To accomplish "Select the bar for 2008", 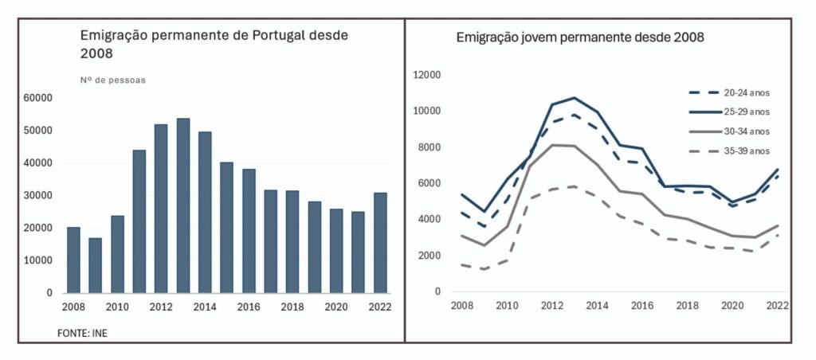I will [73, 260].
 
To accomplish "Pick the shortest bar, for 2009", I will [96, 264].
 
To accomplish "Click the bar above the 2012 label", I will [161, 208].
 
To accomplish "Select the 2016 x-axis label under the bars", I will [249, 307].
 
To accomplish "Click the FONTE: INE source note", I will [81, 332].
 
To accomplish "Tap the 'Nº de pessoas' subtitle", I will [112, 80].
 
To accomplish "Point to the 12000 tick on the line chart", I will [426, 75].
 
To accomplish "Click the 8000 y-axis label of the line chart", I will [429, 147].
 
